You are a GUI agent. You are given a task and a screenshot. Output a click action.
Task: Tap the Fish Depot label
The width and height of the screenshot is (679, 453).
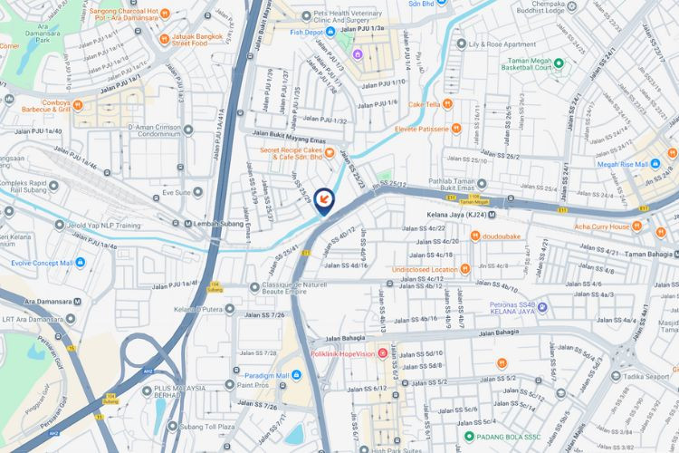306,32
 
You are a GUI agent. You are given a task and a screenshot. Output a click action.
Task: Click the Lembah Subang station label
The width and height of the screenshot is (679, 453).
222,224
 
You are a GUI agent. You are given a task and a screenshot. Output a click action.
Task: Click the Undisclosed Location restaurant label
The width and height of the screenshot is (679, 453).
425,269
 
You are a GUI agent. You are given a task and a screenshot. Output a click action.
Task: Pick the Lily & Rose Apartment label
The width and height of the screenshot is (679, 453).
502,43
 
